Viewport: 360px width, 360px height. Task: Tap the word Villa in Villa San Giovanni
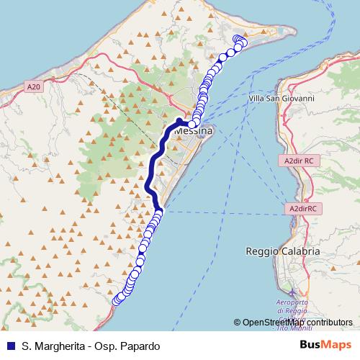[256, 98]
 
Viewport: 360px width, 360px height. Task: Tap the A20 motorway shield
[31, 87]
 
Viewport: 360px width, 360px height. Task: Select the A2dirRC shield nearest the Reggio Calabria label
[303, 208]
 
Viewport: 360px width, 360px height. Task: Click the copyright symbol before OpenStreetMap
[238, 323]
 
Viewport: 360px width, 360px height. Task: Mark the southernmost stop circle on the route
[115, 301]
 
